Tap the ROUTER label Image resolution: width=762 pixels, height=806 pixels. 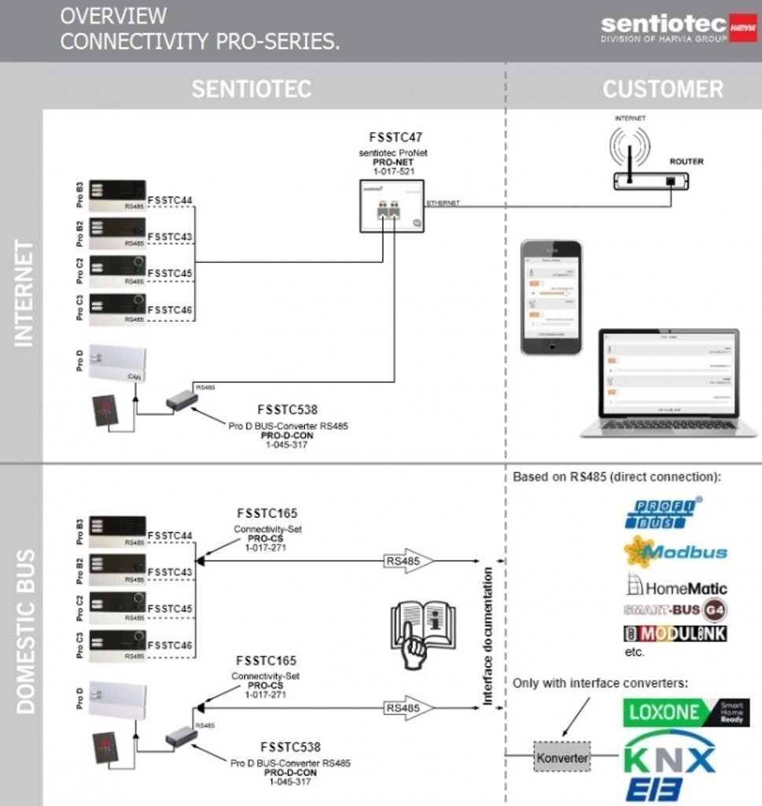point(686,161)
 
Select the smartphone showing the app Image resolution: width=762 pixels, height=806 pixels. point(551,298)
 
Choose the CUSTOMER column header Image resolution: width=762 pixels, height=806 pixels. point(662,88)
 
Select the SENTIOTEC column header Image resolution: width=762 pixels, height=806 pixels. point(252,88)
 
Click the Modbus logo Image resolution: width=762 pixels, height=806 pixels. point(675,551)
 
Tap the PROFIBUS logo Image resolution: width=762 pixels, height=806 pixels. point(662,513)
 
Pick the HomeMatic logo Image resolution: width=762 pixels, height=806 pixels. point(675,586)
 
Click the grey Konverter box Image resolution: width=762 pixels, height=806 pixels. point(561,756)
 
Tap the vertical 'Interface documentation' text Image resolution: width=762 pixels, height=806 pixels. point(488,636)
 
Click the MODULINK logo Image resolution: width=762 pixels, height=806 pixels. point(675,634)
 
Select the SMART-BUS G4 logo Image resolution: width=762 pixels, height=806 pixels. point(675,610)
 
